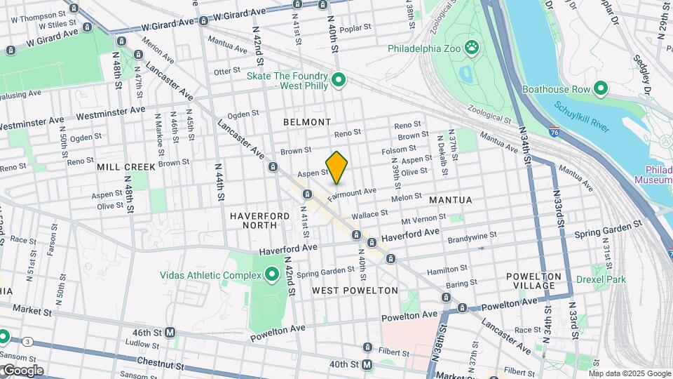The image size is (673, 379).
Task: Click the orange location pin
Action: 336,167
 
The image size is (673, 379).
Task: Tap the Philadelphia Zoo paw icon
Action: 475,49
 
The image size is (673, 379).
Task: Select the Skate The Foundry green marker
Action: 339,81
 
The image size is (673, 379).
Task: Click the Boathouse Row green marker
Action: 600,89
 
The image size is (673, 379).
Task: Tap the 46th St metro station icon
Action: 170,332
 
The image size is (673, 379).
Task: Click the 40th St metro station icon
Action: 366,364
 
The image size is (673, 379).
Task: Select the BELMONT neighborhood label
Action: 306,122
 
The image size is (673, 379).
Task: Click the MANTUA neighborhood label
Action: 451,200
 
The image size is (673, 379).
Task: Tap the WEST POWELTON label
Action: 355,290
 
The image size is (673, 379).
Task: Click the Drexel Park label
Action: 600,279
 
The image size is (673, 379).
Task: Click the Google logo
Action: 22,371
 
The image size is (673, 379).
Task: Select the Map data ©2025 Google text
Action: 630,373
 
